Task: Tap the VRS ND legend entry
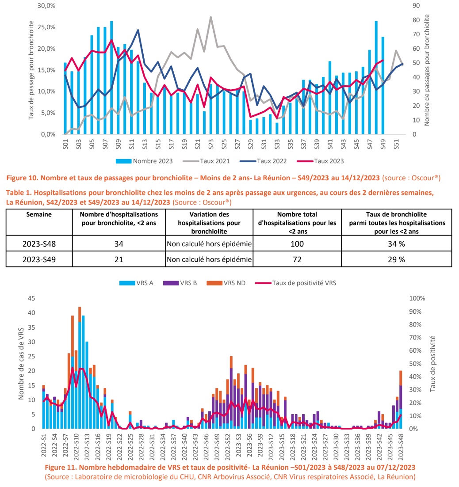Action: pos(235,283)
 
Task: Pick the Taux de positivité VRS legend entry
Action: pos(304,283)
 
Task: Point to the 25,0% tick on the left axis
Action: pos(46,27)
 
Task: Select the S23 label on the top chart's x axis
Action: pos(211,145)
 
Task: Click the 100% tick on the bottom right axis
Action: pos(417,298)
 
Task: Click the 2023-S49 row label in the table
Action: pos(39,260)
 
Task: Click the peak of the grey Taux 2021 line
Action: pos(211,17)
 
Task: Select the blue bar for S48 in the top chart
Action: pos(376,78)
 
